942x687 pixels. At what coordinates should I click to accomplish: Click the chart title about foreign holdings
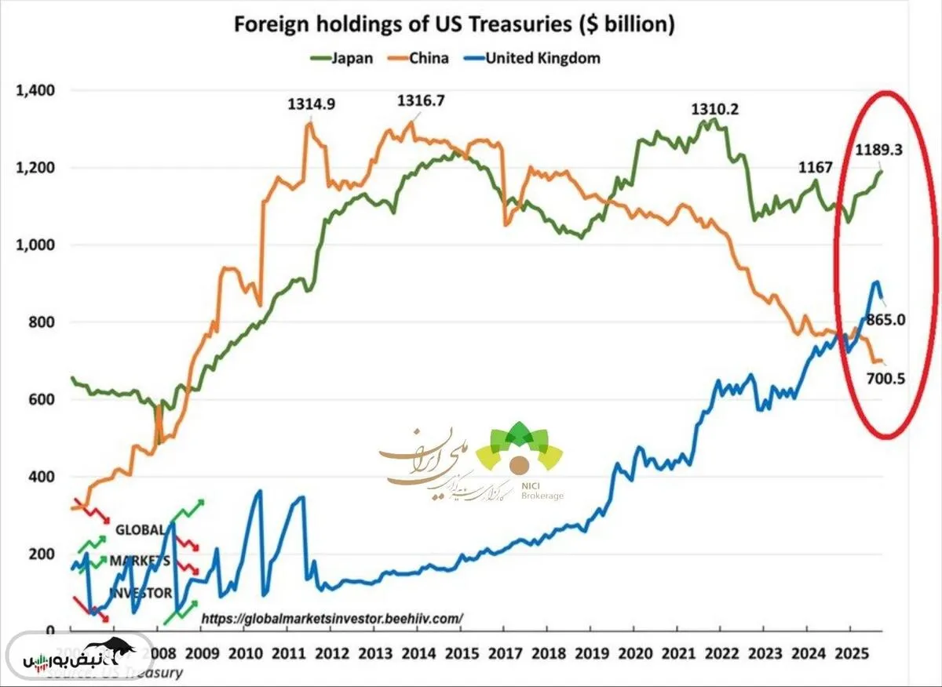[455, 24]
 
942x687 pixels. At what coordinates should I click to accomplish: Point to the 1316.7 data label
[421, 100]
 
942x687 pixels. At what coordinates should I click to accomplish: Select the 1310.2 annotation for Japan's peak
[714, 109]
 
